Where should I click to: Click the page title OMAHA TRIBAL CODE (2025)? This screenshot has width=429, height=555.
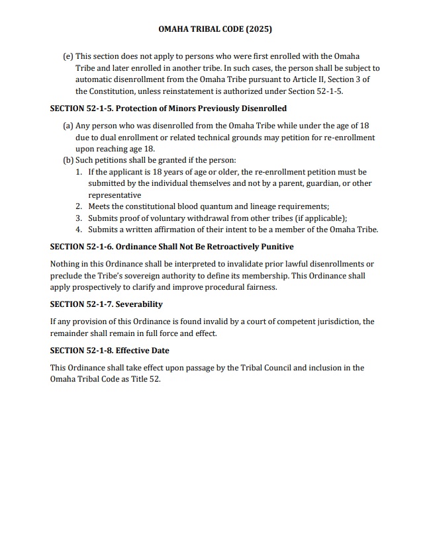tap(215, 30)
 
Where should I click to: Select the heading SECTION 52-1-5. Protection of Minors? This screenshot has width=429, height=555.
tap(168, 108)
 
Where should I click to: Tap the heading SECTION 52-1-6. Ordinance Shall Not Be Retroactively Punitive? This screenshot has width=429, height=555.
tap(171, 247)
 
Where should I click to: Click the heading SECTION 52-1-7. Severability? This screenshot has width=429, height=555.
tap(106, 304)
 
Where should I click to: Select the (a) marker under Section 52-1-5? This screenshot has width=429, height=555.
tap(68, 126)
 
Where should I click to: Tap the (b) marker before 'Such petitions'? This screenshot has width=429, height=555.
tap(68, 160)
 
